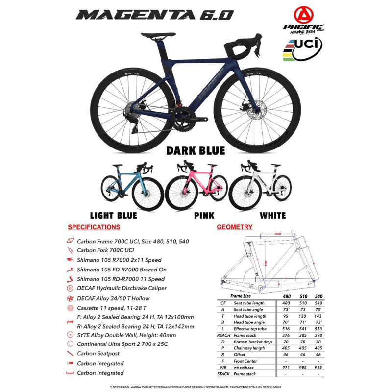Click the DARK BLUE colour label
(x=196, y=150)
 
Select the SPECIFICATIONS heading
(x=93, y=227)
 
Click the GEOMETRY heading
(x=235, y=227)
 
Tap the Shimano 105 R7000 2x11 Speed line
(x=119, y=260)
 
